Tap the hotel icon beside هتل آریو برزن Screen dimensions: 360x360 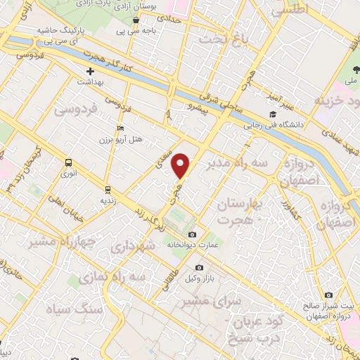(121, 127)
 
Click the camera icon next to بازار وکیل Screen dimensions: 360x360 (200, 268)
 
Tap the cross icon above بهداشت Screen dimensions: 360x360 (91, 72)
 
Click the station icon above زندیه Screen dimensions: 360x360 (108, 189)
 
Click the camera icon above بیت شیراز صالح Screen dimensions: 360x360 (328, 295)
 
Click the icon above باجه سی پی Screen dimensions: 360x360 (135, 20)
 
